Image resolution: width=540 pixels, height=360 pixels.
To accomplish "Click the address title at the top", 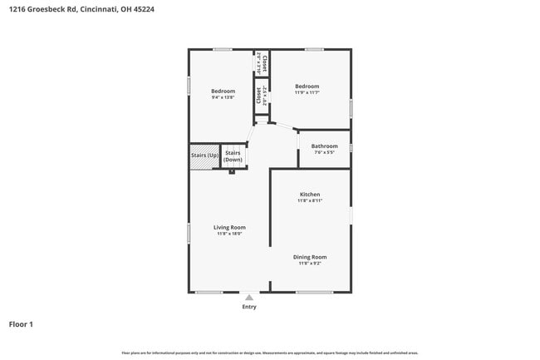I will click(81, 9).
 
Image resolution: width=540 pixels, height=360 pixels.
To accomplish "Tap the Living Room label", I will click(229, 227).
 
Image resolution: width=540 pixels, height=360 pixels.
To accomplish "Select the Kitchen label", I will click(309, 195).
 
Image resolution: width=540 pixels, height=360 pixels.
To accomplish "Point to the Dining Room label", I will click(309, 257).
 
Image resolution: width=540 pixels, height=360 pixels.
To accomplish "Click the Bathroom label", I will click(324, 146).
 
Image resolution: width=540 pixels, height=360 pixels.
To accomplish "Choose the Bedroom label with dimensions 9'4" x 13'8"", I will click(223, 91).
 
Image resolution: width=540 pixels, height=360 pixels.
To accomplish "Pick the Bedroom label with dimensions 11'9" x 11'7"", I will click(307, 86).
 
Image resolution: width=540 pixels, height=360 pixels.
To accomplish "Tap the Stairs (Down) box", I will click(233, 155).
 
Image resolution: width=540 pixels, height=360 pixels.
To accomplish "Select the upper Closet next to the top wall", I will click(262, 62).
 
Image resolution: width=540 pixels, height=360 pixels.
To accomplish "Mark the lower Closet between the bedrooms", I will click(262, 96).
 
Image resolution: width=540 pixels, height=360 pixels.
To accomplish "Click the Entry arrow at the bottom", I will click(249, 296).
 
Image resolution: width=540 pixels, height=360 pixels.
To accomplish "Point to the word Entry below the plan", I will click(249, 307).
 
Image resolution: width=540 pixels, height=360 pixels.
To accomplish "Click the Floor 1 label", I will click(21, 324).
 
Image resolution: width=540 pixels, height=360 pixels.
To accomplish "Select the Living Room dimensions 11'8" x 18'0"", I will click(229, 234).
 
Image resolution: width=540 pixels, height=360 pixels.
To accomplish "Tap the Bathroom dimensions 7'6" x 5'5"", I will click(324, 153).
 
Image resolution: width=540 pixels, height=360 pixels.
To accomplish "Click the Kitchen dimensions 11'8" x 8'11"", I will click(309, 201).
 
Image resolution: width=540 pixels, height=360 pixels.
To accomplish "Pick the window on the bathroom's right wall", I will click(351, 147).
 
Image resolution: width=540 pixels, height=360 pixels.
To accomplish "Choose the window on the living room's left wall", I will click(189, 233).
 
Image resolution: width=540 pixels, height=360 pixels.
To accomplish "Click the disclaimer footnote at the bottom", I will click(270, 353).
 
